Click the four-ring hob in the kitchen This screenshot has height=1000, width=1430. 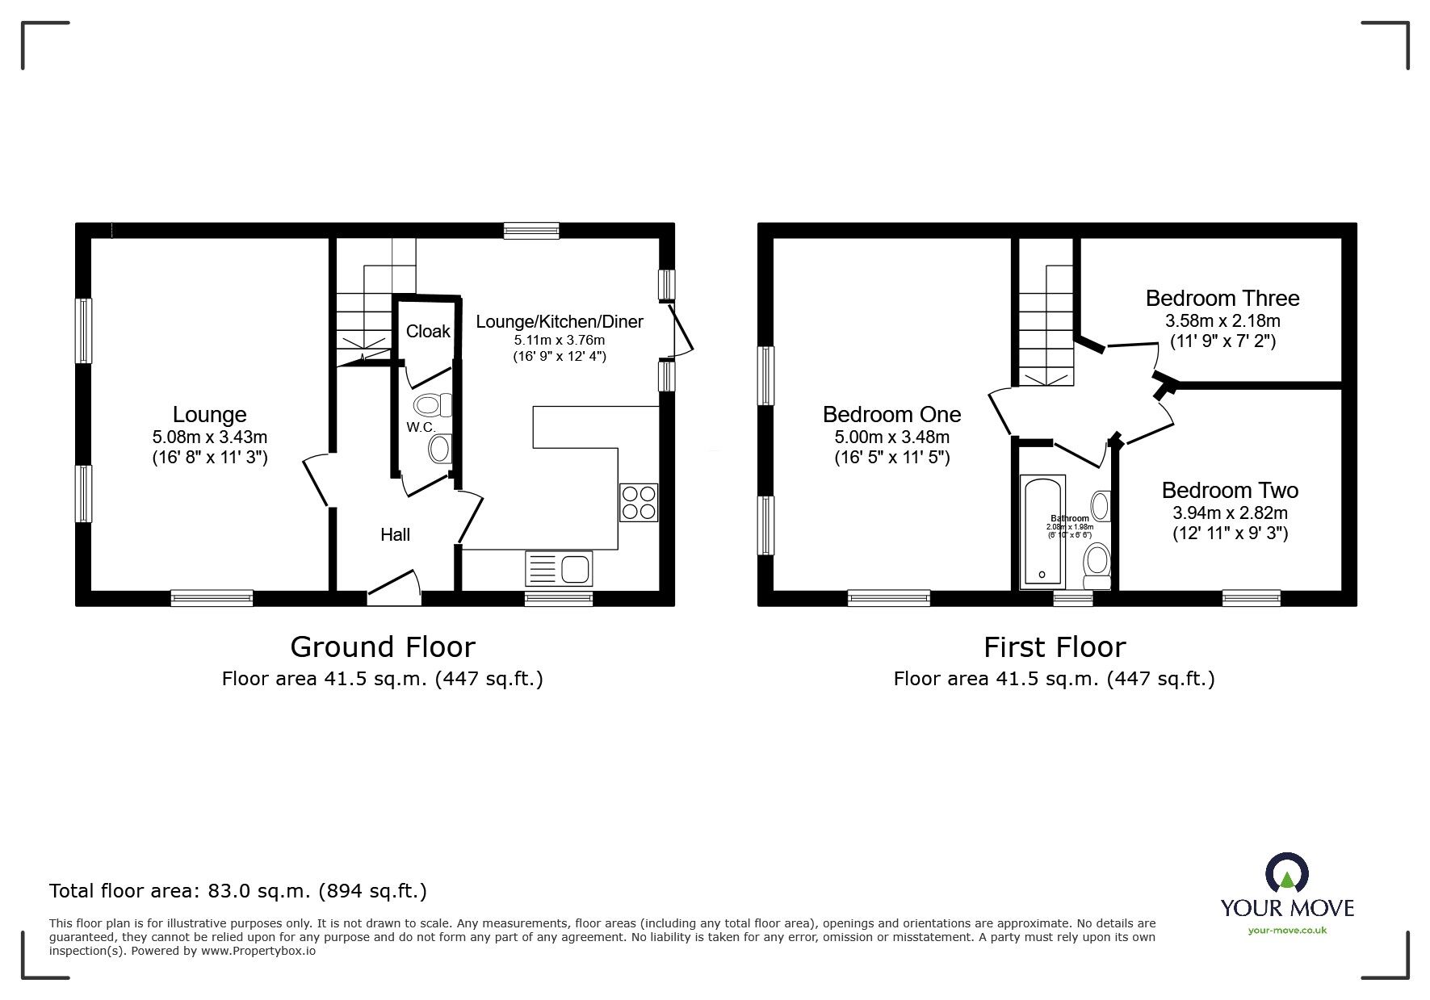coord(639,502)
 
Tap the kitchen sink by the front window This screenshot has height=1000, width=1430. coord(559,568)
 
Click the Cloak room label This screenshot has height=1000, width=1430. coord(428,332)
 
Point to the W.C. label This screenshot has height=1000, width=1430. coord(421,427)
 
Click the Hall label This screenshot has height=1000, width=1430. coord(396,534)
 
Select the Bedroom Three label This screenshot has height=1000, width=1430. coord(1222,298)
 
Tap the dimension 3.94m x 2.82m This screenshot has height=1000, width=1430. coord(1229,513)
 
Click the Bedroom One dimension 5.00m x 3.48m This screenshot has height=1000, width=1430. coord(891,437)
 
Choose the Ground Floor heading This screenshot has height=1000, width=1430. coord(382,646)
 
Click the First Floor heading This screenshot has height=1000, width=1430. coord(1054,646)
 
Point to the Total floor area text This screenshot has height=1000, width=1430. coord(238,891)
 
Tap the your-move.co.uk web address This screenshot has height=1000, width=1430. coord(1287,931)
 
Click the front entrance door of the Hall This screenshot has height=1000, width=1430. coord(395,588)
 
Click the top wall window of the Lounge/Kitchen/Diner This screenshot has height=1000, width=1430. coord(531,231)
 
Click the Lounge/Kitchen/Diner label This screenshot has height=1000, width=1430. coord(559,321)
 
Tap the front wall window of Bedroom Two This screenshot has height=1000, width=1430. coord(1251,598)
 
